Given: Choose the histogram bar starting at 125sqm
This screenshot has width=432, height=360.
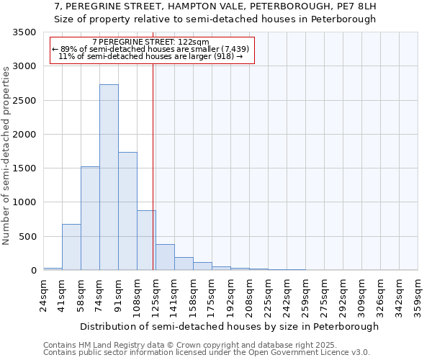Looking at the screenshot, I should pyautogui.click(x=165, y=257).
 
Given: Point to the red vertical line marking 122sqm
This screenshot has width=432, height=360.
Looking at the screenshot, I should pyautogui.click(x=153, y=144).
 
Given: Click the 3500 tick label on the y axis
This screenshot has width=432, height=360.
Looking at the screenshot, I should pyautogui.click(x=24, y=32).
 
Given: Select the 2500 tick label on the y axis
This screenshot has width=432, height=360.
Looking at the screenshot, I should pyautogui.click(x=24, y=101).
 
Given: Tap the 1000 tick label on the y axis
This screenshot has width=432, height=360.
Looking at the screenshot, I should pyautogui.click(x=24, y=202).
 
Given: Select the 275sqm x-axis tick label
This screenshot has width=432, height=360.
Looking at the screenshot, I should pyautogui.click(x=324, y=295).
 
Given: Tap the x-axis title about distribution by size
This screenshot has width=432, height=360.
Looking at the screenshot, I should pyautogui.click(x=229, y=326).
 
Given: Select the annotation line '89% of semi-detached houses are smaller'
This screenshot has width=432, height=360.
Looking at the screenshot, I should pyautogui.click(x=150, y=49).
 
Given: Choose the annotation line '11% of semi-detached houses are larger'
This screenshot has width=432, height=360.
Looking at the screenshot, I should pyautogui.click(x=150, y=56).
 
